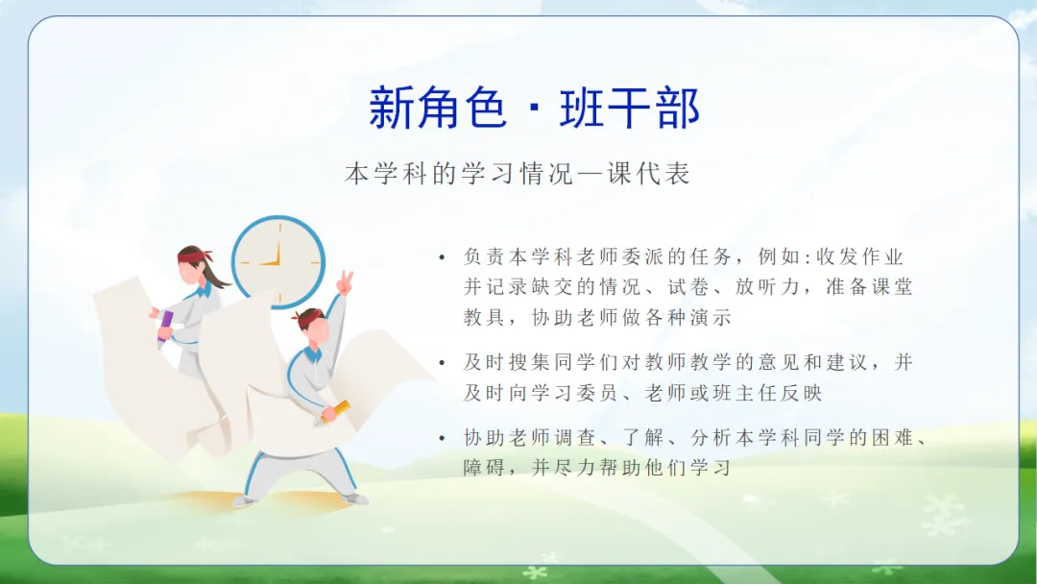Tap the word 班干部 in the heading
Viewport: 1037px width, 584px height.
630,108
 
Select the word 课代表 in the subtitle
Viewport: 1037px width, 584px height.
649,174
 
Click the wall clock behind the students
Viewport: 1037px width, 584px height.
278,262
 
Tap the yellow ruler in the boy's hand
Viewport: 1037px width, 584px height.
335,411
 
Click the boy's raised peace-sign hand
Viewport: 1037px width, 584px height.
345,282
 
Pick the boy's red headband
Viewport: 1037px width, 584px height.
308,315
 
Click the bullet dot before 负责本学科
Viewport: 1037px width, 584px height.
443,257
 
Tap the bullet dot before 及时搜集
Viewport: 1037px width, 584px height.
443,363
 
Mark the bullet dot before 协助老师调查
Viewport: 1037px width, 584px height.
443,439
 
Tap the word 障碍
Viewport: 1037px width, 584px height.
485,468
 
